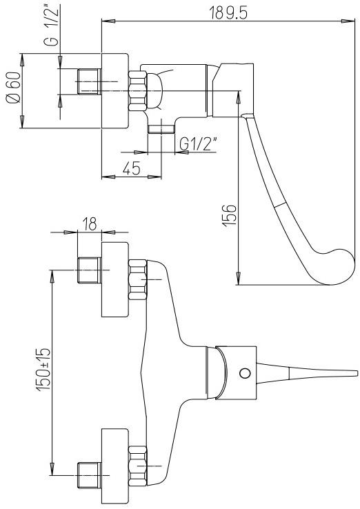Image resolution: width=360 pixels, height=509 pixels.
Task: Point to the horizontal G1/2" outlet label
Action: [198, 143]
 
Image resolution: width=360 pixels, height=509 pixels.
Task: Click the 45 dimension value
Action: [131, 168]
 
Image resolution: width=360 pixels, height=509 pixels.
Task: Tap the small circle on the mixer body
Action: [244, 373]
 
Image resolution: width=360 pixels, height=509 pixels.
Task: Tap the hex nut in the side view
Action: [138, 90]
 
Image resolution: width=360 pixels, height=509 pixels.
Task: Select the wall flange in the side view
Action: [115, 90]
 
